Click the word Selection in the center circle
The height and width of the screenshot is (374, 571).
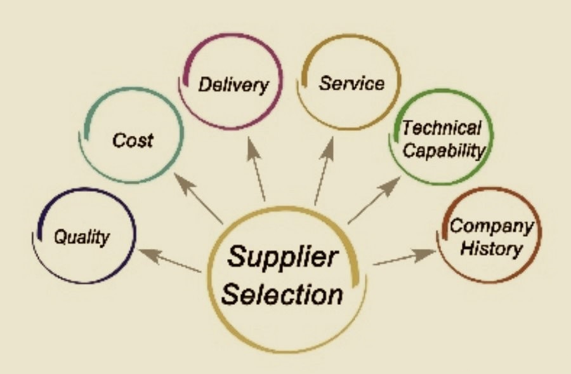coord(284,294)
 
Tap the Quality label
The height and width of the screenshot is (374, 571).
coord(81,237)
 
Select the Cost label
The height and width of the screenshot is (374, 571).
coord(133,140)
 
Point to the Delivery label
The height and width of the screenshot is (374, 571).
coord(233,84)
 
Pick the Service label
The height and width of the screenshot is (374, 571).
coord(351,83)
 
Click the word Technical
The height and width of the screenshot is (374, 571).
coord(442,128)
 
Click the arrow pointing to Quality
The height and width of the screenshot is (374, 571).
coord(169,260)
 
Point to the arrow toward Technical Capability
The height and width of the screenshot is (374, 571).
coord(374,201)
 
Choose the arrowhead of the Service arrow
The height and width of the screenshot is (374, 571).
coord(331,147)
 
